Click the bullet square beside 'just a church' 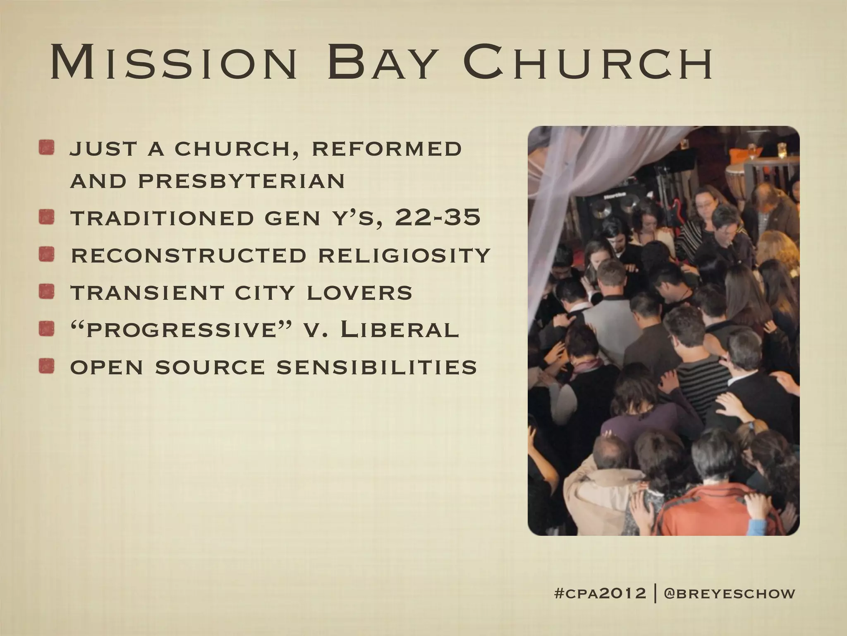47,149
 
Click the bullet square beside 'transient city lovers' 47,292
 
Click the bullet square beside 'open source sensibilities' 47,366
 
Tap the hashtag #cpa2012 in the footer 599,593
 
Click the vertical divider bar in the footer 656,593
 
